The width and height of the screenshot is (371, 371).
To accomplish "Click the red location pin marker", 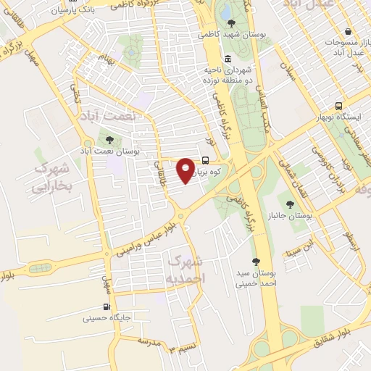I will point(186,170).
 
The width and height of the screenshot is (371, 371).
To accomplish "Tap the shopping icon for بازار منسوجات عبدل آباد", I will point(349,33).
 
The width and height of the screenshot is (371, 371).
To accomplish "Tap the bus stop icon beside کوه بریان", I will point(207,161).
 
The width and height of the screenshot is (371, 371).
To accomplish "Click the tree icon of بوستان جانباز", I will point(291,205).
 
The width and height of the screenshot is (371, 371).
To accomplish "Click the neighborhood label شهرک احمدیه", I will point(185,268).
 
